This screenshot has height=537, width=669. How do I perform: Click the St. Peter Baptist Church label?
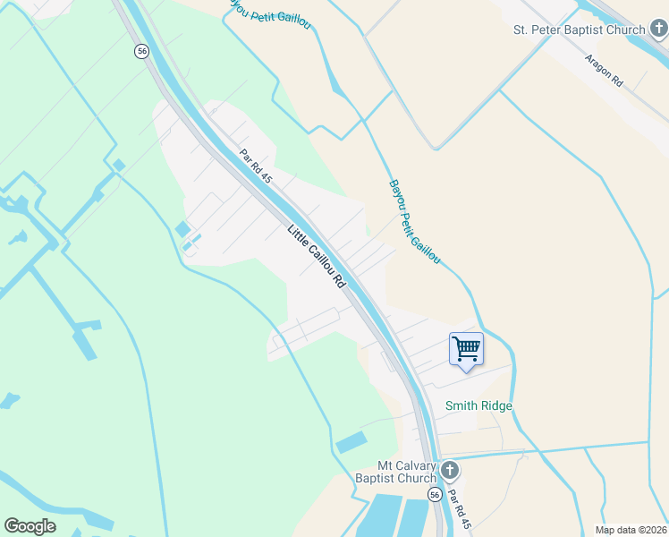pos(579,30)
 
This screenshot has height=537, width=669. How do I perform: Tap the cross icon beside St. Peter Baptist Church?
pos(658,30)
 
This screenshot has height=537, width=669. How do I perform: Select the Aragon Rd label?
pos(604,70)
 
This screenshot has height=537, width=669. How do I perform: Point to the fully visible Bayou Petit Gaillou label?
pos(414,222)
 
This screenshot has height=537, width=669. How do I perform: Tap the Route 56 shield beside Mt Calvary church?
pos(435,495)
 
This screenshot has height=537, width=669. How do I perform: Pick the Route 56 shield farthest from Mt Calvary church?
pos(141,51)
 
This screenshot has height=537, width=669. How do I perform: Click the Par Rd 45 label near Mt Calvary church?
pos(458,508)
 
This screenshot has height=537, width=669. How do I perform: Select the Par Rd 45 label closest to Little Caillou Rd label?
pos(255,166)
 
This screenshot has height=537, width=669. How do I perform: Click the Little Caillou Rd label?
pos(316,255)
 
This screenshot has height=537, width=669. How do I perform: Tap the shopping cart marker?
pos(466,348)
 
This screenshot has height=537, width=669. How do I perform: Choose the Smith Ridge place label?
pos(479,406)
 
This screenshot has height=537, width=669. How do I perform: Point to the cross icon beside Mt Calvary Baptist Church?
pos(450,470)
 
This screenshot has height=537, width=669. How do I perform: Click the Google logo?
pos(30,526)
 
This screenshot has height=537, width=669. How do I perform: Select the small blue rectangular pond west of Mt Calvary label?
pos(351,442)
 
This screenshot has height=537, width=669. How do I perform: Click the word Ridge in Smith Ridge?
pos(497,406)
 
